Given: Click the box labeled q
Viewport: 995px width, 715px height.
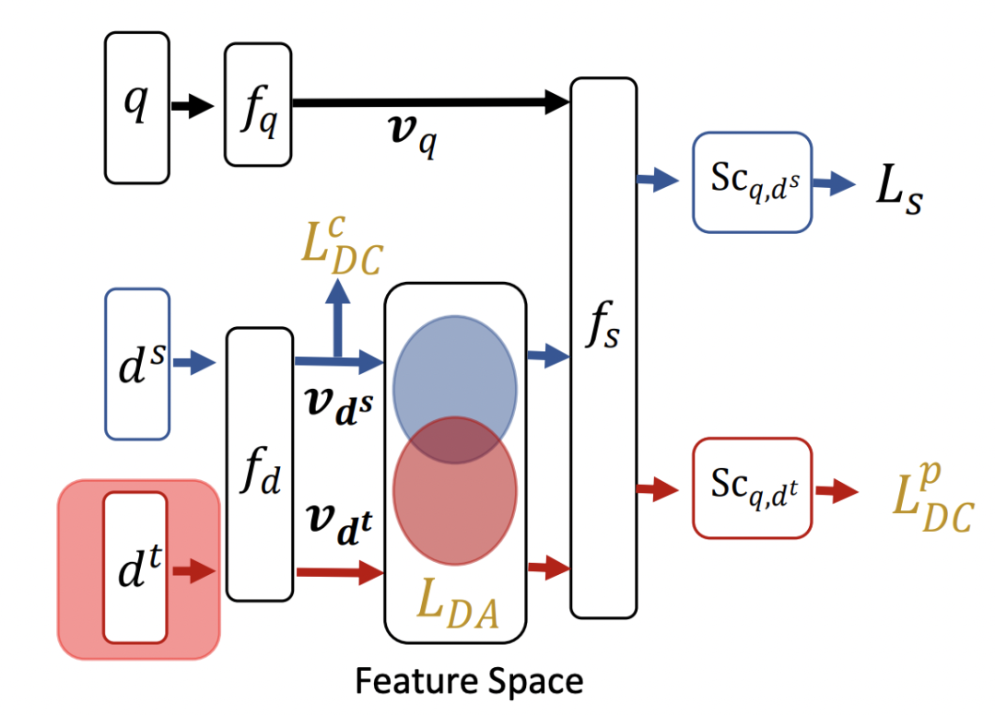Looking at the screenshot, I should (137, 107).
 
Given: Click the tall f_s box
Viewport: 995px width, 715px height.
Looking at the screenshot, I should (603, 347).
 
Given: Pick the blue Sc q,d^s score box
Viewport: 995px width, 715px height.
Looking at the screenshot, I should (752, 182).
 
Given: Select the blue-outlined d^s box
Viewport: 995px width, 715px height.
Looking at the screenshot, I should (138, 363).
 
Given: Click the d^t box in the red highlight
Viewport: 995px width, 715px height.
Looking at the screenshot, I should (135, 567).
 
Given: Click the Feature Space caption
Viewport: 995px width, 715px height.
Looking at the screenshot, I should (469, 682).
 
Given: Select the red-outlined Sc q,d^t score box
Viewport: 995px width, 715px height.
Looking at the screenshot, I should (752, 487).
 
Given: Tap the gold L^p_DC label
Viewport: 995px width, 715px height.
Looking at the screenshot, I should (931, 502).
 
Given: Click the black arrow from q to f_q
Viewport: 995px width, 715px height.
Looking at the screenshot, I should (192, 107).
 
